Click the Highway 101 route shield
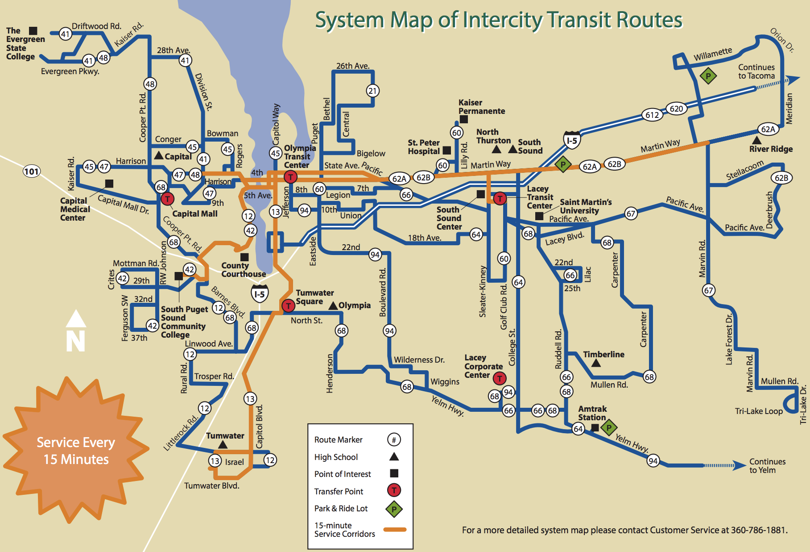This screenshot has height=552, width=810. (x=32, y=171)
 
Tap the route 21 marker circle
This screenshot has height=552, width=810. (x=372, y=91)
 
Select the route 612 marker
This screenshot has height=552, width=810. (x=652, y=115)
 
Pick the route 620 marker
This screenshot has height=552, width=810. (x=676, y=109)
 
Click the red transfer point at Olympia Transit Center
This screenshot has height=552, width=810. (x=290, y=177)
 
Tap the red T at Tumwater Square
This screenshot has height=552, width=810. (x=288, y=306)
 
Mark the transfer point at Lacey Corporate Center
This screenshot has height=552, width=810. (x=500, y=379)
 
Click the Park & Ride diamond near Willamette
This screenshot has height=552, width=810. (x=708, y=76)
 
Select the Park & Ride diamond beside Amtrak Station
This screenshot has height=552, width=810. (x=609, y=428)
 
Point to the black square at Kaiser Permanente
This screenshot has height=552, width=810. (x=464, y=119)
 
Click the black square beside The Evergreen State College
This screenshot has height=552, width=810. (x=33, y=30)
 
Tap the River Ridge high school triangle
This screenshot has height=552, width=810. (x=757, y=140)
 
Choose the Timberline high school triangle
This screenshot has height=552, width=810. (x=596, y=363)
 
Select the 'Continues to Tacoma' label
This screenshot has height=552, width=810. (x=756, y=71)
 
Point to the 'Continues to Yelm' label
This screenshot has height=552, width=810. (x=767, y=466)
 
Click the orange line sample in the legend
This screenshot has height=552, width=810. (x=395, y=530)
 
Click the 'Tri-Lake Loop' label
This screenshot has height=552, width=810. (x=759, y=411)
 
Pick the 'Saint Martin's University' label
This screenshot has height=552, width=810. (x=586, y=206)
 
